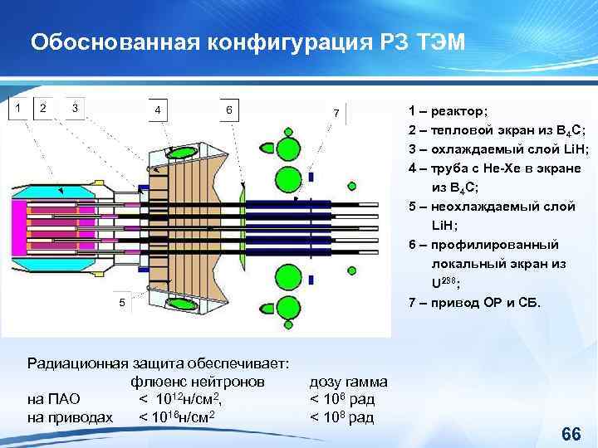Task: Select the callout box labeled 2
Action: point(43,106)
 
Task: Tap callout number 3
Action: point(75,106)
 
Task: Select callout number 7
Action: point(336,112)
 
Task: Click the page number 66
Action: point(571,434)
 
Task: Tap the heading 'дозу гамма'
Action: point(348,382)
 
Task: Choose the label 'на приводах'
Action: point(70,416)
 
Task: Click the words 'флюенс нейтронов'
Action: point(198,382)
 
